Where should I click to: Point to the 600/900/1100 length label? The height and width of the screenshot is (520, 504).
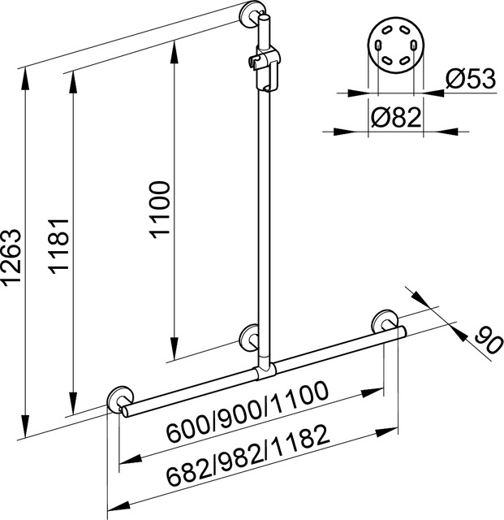[247, 412]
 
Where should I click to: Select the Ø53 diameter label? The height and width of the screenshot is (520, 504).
[471, 79]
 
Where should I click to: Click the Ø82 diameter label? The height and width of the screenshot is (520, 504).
[396, 117]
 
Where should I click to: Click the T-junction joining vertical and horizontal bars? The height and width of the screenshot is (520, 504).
[265, 371]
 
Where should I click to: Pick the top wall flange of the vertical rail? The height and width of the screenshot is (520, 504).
[252, 16]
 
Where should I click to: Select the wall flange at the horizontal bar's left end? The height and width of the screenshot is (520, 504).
[120, 399]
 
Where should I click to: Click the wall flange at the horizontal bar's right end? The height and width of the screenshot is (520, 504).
[385, 322]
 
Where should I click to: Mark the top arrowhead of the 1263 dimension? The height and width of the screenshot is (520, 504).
[24, 79]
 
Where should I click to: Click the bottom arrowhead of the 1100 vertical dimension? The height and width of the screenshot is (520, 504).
[174, 349]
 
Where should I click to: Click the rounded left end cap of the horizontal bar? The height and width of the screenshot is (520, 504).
[125, 411]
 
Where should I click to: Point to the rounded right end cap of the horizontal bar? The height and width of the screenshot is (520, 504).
[403, 331]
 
